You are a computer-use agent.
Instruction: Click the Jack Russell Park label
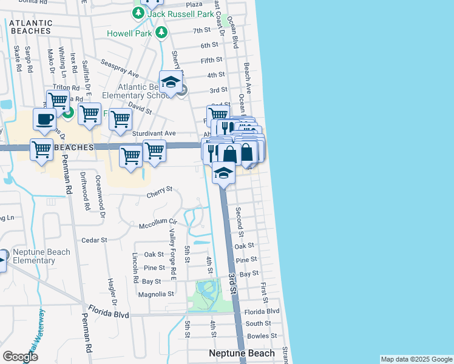tap(181, 13)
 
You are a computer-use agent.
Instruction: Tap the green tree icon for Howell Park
tap(161, 33)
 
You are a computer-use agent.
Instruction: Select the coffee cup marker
tap(44, 120)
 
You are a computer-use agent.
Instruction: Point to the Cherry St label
tap(160, 195)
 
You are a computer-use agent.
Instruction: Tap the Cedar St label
tap(94, 240)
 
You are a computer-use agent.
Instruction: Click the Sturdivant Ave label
tap(154, 133)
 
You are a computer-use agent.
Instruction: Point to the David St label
tap(140, 107)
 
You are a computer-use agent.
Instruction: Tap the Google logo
tap(20, 357)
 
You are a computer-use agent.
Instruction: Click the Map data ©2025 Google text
tap(416, 359)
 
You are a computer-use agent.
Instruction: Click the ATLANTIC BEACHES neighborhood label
tap(31, 27)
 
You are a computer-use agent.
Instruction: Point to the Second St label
tap(240, 221)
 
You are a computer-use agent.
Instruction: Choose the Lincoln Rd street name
tap(135, 268)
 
